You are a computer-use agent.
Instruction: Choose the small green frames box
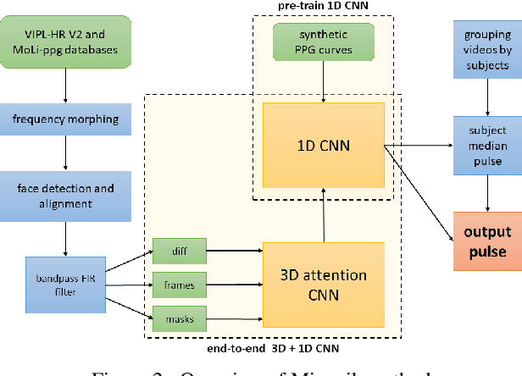(176, 285)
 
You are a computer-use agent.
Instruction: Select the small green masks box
(176, 319)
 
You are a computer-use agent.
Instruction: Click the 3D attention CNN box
(324, 285)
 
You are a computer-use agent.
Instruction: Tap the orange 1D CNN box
(324, 145)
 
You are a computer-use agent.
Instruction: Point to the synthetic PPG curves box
(324, 42)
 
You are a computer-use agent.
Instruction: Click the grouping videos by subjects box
(487, 44)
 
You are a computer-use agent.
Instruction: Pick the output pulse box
(487, 241)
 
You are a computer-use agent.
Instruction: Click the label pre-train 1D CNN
(324, 7)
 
